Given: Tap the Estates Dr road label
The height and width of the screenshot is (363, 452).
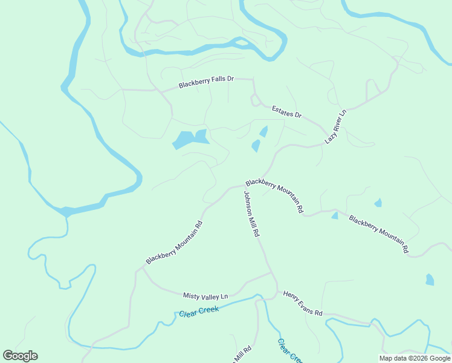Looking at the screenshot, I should [286, 111].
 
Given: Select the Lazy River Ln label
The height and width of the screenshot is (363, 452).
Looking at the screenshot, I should [335, 126].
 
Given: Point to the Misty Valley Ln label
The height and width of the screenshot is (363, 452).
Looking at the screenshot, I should [205, 296].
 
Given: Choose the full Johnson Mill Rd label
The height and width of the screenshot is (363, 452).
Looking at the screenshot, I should [251, 214].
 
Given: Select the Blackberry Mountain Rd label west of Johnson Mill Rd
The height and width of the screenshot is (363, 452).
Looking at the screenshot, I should [174, 243].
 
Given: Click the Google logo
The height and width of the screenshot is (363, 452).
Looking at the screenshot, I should [20, 356].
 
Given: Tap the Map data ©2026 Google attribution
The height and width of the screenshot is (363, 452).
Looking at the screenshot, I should [415, 358].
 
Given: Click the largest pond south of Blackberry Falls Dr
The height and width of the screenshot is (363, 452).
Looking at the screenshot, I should [190, 139].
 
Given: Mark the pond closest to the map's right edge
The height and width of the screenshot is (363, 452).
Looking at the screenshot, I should [430, 280].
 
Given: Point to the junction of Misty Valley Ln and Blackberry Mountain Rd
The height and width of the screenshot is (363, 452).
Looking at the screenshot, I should [143, 269].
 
